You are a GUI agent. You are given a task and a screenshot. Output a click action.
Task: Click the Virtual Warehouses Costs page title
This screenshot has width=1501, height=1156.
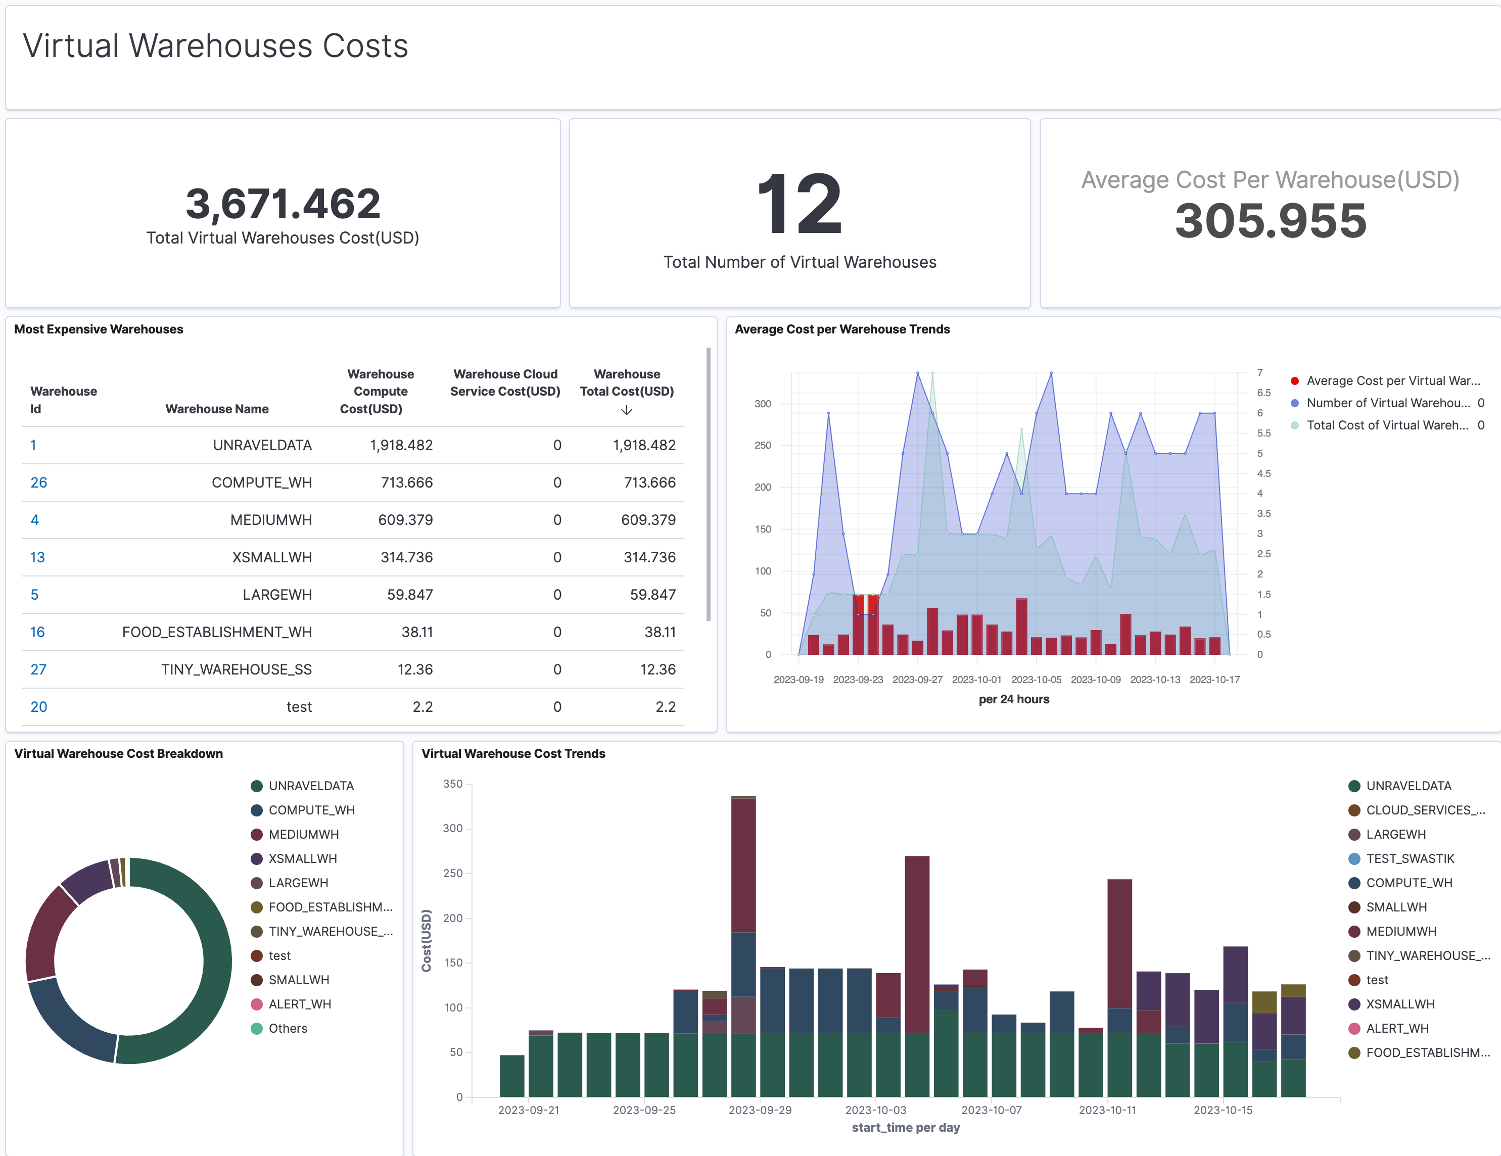click(x=215, y=46)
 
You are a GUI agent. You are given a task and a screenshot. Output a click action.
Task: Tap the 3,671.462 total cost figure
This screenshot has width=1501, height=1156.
click(x=283, y=204)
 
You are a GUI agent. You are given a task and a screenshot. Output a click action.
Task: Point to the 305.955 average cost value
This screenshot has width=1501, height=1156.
click(x=1270, y=221)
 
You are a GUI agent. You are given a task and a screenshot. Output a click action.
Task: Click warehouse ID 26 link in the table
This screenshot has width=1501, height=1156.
click(x=38, y=483)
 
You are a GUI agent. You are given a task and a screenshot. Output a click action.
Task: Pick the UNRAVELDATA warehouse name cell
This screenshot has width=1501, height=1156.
click(x=262, y=445)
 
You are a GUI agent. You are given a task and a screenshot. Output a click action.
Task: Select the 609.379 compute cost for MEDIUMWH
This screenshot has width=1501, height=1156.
click(x=405, y=520)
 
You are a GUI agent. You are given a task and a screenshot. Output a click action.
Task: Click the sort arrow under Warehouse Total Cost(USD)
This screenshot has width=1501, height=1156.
click(x=626, y=410)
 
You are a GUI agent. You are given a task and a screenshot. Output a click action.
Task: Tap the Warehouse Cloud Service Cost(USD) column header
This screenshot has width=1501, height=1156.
click(x=505, y=383)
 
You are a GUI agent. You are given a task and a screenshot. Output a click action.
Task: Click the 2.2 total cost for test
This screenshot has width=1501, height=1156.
click(x=665, y=707)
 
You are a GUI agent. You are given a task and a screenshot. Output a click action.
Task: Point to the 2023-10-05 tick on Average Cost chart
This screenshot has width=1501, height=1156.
click(x=1036, y=680)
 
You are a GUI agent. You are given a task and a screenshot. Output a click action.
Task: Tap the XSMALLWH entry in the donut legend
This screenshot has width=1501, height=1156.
click(x=302, y=859)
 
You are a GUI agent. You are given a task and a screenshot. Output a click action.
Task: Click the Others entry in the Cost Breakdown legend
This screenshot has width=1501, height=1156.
click(x=287, y=1029)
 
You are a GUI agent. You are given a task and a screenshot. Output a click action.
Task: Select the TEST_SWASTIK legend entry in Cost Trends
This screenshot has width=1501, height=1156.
click(x=1410, y=859)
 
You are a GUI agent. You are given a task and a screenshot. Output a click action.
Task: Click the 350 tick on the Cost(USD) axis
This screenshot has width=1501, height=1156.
click(x=453, y=784)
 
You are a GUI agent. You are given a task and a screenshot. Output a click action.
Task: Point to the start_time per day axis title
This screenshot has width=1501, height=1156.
click(x=905, y=1128)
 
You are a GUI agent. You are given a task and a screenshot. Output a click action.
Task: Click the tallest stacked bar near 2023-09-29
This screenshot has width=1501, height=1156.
click(x=743, y=948)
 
